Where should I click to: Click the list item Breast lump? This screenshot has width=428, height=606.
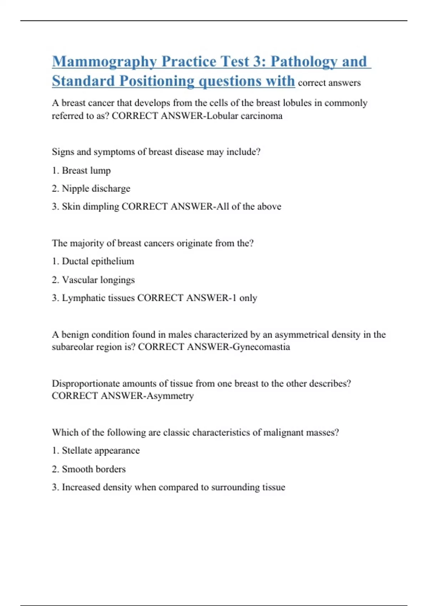point(86,170)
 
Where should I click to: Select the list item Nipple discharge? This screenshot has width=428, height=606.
point(96,189)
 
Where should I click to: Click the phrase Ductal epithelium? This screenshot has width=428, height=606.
point(98,261)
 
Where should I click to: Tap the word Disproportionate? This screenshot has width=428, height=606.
point(86,384)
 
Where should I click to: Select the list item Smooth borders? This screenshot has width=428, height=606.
point(94,469)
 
